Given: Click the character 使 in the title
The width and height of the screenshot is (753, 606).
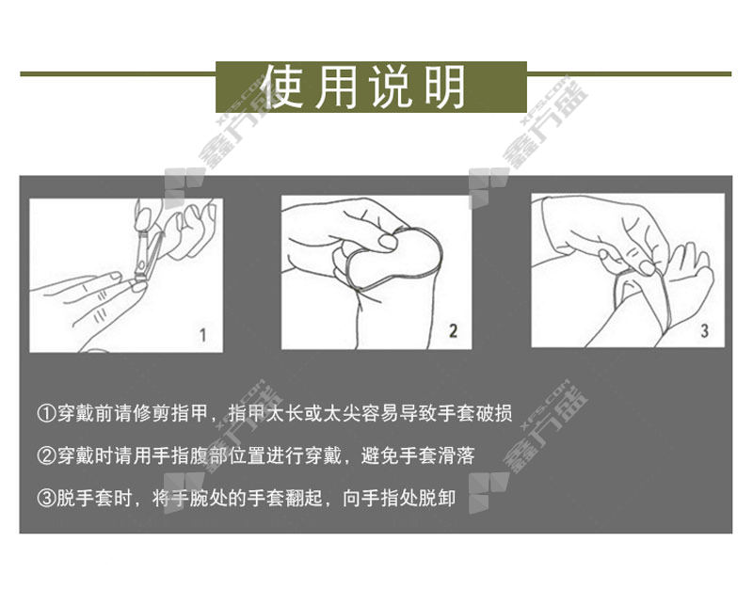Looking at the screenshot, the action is pos(284,87).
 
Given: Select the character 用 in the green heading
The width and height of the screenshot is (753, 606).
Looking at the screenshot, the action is pos(337,87).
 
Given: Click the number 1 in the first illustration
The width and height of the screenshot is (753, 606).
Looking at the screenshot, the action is pos(203,335).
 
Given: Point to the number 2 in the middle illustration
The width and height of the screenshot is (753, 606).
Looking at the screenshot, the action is pos(453,330).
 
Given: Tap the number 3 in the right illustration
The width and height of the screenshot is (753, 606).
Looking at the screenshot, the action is pos(704,330).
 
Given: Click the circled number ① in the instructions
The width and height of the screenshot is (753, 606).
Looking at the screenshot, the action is pos(46,413).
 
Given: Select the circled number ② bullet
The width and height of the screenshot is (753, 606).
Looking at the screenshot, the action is pos(46,455).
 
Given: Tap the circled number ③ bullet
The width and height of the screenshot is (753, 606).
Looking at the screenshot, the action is pos(46,498).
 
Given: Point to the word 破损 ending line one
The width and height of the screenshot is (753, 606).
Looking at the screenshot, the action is pos(494,413).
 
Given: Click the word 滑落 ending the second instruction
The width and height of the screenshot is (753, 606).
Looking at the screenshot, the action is pos(457,455).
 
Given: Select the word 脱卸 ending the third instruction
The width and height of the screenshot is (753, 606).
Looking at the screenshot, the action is pos(437,498).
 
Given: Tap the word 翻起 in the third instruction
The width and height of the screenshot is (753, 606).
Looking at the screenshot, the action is pos(304,498).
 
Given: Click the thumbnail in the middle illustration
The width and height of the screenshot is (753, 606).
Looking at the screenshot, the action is pos(387,242).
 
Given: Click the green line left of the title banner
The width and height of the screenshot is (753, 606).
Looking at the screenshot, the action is pos(118,74).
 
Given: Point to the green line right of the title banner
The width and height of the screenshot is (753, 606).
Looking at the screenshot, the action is pos(629,74).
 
